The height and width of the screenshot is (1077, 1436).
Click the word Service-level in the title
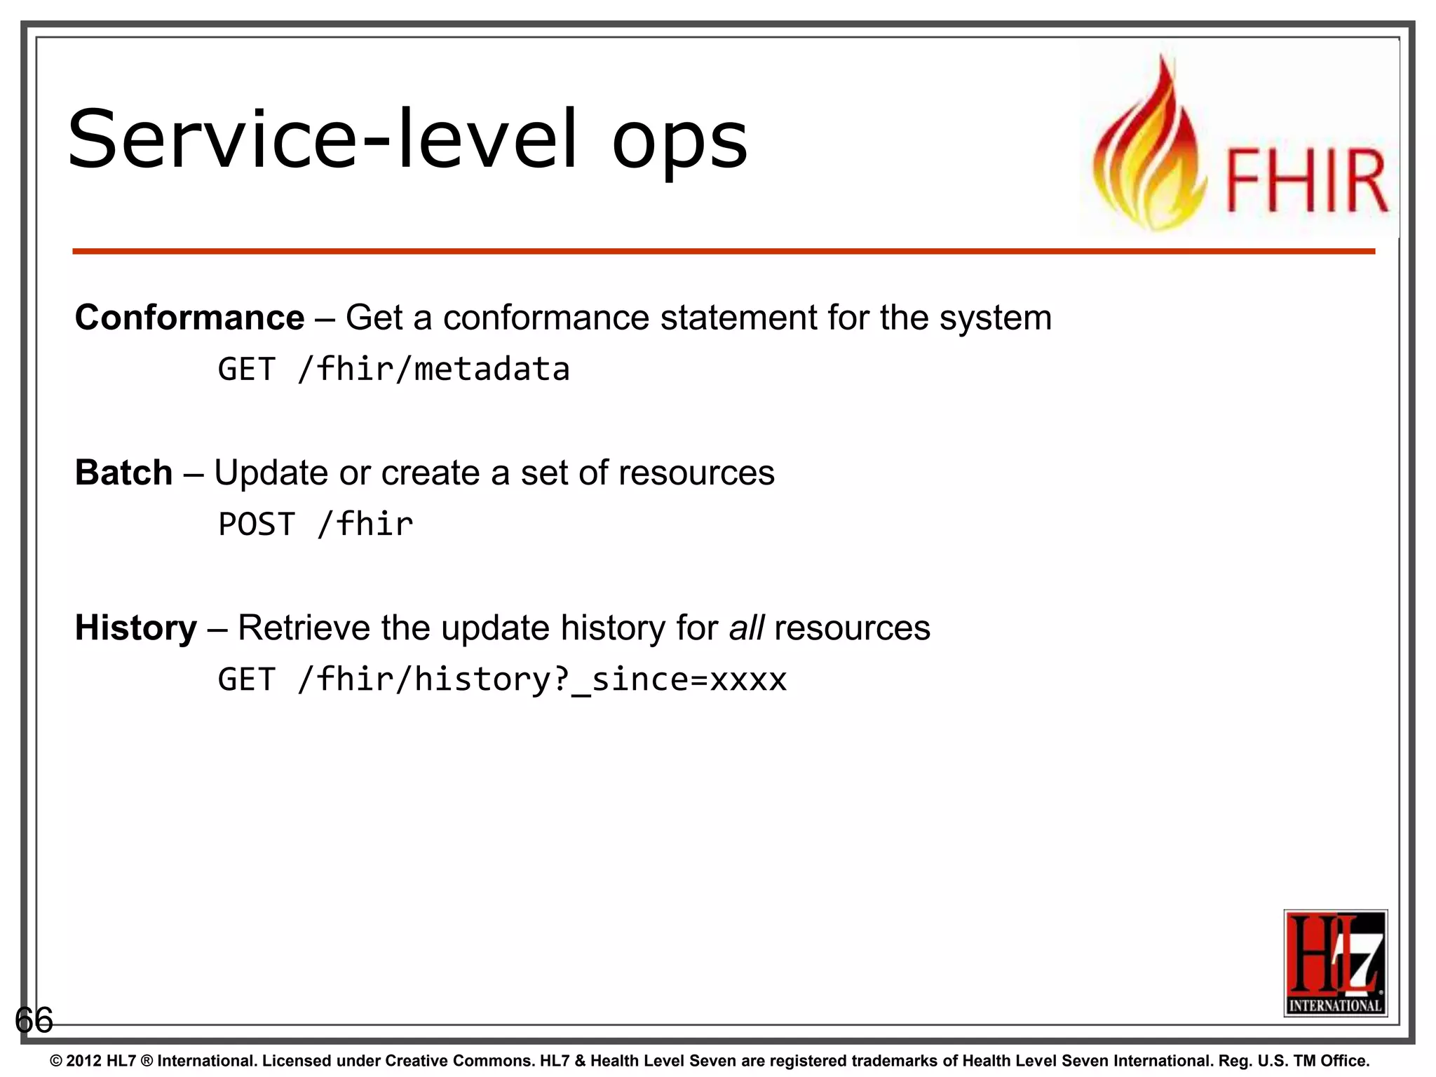323,140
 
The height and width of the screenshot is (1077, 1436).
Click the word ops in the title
679,144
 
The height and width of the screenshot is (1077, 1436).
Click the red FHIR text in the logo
1306,181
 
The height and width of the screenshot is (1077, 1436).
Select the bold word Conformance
189,318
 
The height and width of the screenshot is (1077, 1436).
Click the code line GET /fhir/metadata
393,370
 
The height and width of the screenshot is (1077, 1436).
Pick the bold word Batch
123,473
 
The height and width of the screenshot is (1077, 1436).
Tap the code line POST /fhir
316,524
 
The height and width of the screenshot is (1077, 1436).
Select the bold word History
135,628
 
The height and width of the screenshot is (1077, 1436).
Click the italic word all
746,628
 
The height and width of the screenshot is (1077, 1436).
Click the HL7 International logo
1335,963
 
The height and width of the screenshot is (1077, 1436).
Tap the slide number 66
34,1019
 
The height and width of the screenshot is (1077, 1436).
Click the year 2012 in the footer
84,1061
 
